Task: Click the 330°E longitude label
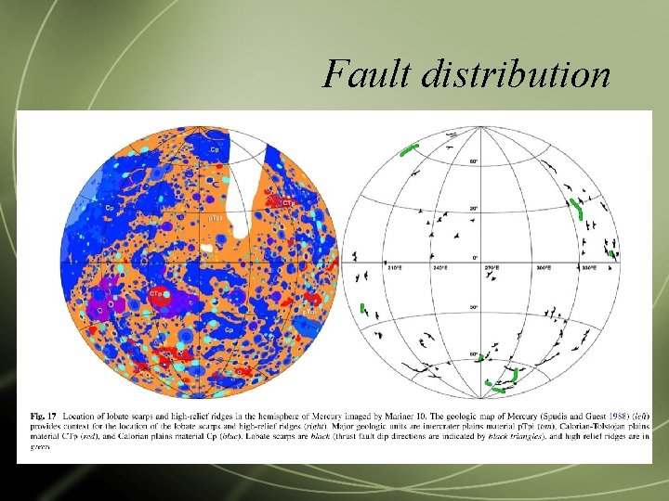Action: pos(589,267)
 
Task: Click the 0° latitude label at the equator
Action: pos(476,256)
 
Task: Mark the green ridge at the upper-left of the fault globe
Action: pos(409,149)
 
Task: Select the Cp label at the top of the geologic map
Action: pos(215,149)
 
